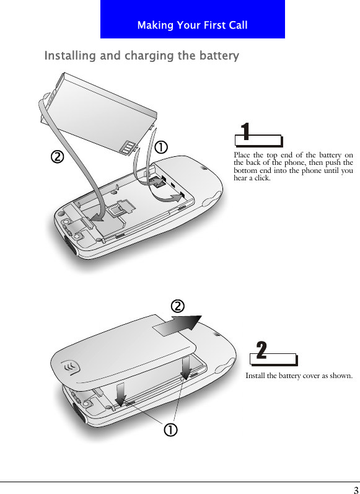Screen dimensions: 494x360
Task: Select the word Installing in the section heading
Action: click(70, 56)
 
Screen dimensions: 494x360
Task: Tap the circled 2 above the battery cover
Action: click(177, 306)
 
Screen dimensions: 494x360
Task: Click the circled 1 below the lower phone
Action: click(169, 430)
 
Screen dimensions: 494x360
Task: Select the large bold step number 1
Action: click(245, 132)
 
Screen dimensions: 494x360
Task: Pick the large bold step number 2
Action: click(261, 351)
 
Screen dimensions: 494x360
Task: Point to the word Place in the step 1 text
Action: click(242, 155)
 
